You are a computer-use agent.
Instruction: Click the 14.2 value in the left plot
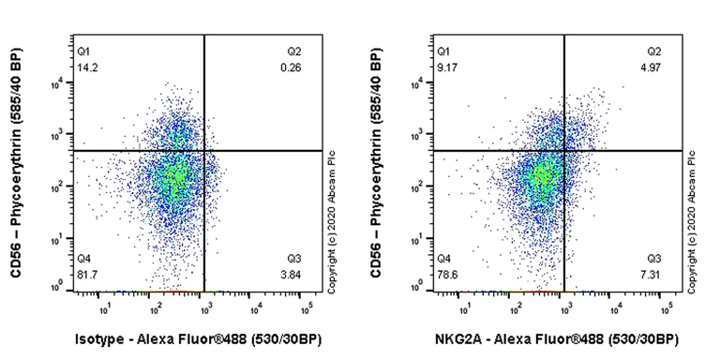pos(86,67)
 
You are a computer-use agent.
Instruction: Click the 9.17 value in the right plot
pos(446,67)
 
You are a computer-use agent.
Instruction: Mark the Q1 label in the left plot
pos(83,51)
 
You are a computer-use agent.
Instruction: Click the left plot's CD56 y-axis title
pos(16,164)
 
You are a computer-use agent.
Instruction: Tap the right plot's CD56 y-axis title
pos(376,164)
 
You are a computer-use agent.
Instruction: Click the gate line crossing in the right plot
pos(564,150)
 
